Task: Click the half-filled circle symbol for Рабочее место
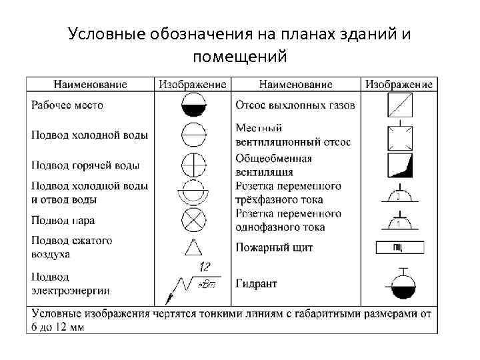pyautogui.click(x=194, y=105)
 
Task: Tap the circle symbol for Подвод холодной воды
pyautogui.click(x=194, y=134)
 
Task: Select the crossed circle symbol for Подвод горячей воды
pyautogui.click(x=194, y=163)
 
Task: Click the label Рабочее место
pyautogui.click(x=67, y=105)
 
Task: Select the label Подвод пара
pyautogui.click(x=63, y=220)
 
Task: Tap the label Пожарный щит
pyautogui.click(x=274, y=248)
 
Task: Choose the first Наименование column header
pyautogui.click(x=90, y=85)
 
